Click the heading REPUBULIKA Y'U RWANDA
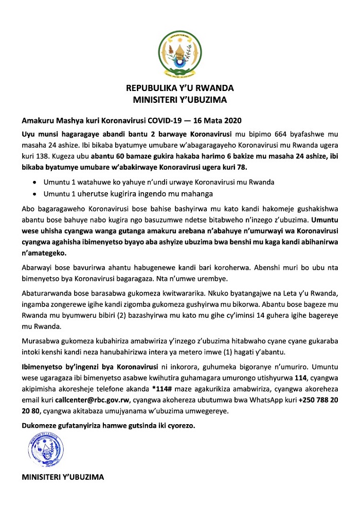click(180, 87)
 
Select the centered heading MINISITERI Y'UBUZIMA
click(180, 99)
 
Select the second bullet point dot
click(34, 194)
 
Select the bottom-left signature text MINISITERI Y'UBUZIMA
click(62, 477)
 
